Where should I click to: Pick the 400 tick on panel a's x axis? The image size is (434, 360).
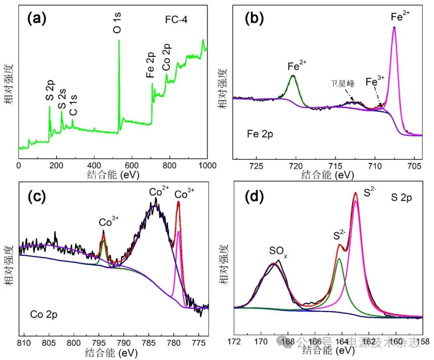94,165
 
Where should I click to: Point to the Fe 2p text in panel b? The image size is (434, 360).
260,134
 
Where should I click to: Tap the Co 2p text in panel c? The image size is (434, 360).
44,315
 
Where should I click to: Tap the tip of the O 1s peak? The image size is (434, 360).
119,40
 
